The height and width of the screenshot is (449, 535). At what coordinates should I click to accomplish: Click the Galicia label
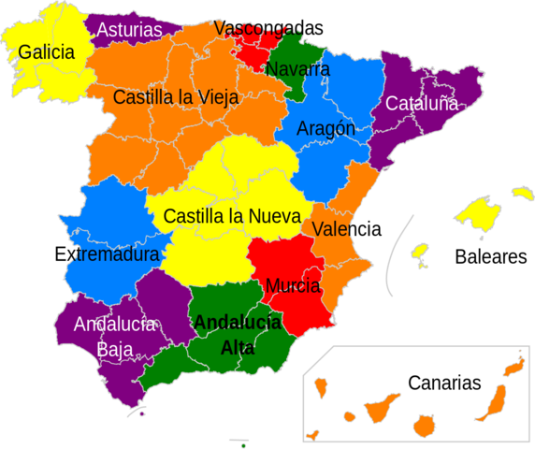[x=46, y=52]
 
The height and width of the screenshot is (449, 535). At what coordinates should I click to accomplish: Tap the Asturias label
[x=129, y=30]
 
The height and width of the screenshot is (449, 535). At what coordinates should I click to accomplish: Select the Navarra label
[x=297, y=69]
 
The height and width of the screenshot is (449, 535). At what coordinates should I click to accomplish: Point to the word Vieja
[x=213, y=96]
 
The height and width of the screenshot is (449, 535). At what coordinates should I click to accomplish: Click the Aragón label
[x=325, y=129]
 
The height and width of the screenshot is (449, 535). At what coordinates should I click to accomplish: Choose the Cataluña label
[x=422, y=104]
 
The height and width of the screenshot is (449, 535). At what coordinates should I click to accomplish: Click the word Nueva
[x=272, y=216]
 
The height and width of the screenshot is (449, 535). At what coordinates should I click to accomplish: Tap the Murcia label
[x=293, y=285]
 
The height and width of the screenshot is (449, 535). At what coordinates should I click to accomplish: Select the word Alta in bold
[x=238, y=347]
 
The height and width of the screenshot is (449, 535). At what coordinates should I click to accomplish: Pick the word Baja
[x=114, y=349]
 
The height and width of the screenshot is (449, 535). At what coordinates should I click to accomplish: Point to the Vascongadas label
[x=258, y=28]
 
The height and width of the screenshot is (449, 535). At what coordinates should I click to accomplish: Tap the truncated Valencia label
[x=334, y=229]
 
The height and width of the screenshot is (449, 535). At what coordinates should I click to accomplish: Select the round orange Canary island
[x=423, y=427]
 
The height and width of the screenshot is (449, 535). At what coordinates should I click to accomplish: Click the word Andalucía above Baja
[x=115, y=325]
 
